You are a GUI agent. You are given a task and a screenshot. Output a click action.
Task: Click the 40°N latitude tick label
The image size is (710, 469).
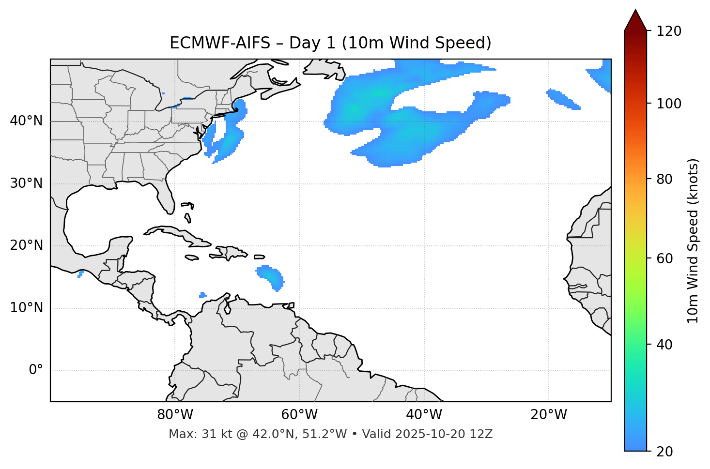(x=26, y=121)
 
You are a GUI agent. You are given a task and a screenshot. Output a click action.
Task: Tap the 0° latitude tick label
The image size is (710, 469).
(x=36, y=370)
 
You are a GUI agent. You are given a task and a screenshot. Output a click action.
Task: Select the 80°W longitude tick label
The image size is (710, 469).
(x=175, y=415)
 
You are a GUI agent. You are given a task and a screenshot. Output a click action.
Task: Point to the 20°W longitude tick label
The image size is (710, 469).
(x=549, y=415)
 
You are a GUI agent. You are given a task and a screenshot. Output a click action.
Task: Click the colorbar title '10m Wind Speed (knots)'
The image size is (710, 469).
(x=693, y=241)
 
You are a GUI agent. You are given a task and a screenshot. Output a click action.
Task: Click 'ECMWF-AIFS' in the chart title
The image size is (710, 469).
(x=220, y=43)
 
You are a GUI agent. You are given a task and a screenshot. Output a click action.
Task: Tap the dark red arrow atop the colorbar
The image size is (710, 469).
(x=635, y=20)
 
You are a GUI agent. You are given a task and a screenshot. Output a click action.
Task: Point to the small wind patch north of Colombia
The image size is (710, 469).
(x=202, y=295)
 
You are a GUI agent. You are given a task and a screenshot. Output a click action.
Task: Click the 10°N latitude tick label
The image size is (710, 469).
(x=26, y=308)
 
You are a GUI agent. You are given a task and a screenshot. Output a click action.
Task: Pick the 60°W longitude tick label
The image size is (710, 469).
(x=299, y=415)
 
